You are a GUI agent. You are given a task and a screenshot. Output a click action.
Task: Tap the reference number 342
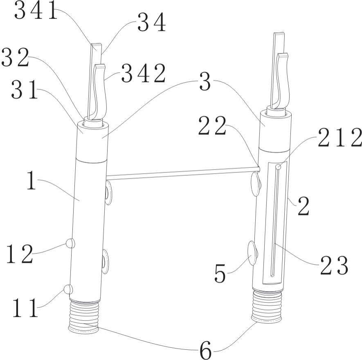point(144,73)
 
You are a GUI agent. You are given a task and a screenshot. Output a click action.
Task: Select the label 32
point(15,58)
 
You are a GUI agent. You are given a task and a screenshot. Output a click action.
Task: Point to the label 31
point(25,90)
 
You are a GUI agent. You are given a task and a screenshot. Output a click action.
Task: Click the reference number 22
point(212,126)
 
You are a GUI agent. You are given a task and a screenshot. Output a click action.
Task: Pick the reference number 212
point(340,138)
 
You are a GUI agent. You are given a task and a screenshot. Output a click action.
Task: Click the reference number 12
point(20,254)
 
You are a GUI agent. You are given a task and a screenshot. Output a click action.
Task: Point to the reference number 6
point(205,350)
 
